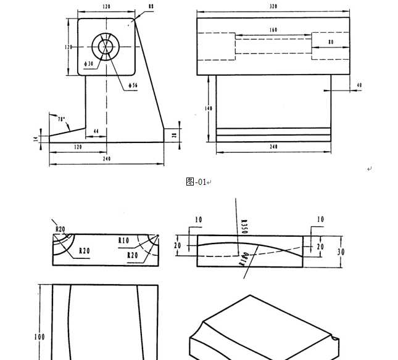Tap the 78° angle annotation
tap(61, 118)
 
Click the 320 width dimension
tap(273, 6)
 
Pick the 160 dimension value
tap(273, 30)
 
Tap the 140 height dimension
tap(210, 108)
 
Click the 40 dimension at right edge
tap(359, 85)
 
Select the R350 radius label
tap(243, 226)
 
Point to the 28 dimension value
tap(174, 135)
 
